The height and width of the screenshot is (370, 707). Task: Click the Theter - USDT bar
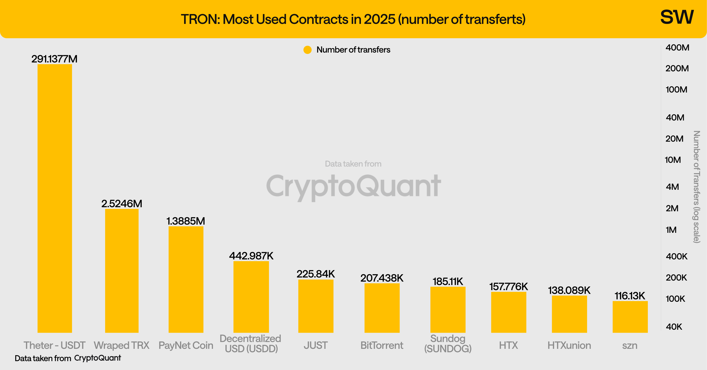[x=55, y=198]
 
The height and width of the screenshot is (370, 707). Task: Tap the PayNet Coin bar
[x=186, y=279]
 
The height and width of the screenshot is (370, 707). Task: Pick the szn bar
[x=630, y=317]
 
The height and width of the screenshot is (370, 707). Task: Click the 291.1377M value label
[x=54, y=59]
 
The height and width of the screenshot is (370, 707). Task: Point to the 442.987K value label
[x=251, y=256]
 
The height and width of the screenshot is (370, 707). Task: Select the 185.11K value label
[x=448, y=281]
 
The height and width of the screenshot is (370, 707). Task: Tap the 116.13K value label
[x=630, y=296]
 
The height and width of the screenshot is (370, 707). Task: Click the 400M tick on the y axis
[x=677, y=48]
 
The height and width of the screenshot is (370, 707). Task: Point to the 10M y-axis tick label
[x=673, y=160]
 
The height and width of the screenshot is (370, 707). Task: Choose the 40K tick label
[x=674, y=327]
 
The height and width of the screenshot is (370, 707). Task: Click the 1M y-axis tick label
[x=671, y=230]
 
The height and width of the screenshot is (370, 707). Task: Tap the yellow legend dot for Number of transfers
[x=307, y=50]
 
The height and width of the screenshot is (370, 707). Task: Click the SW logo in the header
[x=677, y=17]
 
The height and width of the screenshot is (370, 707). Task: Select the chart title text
[x=353, y=19]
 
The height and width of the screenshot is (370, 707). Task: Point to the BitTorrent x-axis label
[x=382, y=345]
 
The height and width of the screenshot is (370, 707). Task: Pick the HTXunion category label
[x=569, y=345]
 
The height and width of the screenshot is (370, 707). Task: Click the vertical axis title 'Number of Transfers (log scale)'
[x=697, y=187]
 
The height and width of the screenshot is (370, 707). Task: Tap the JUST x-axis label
[x=316, y=345]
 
